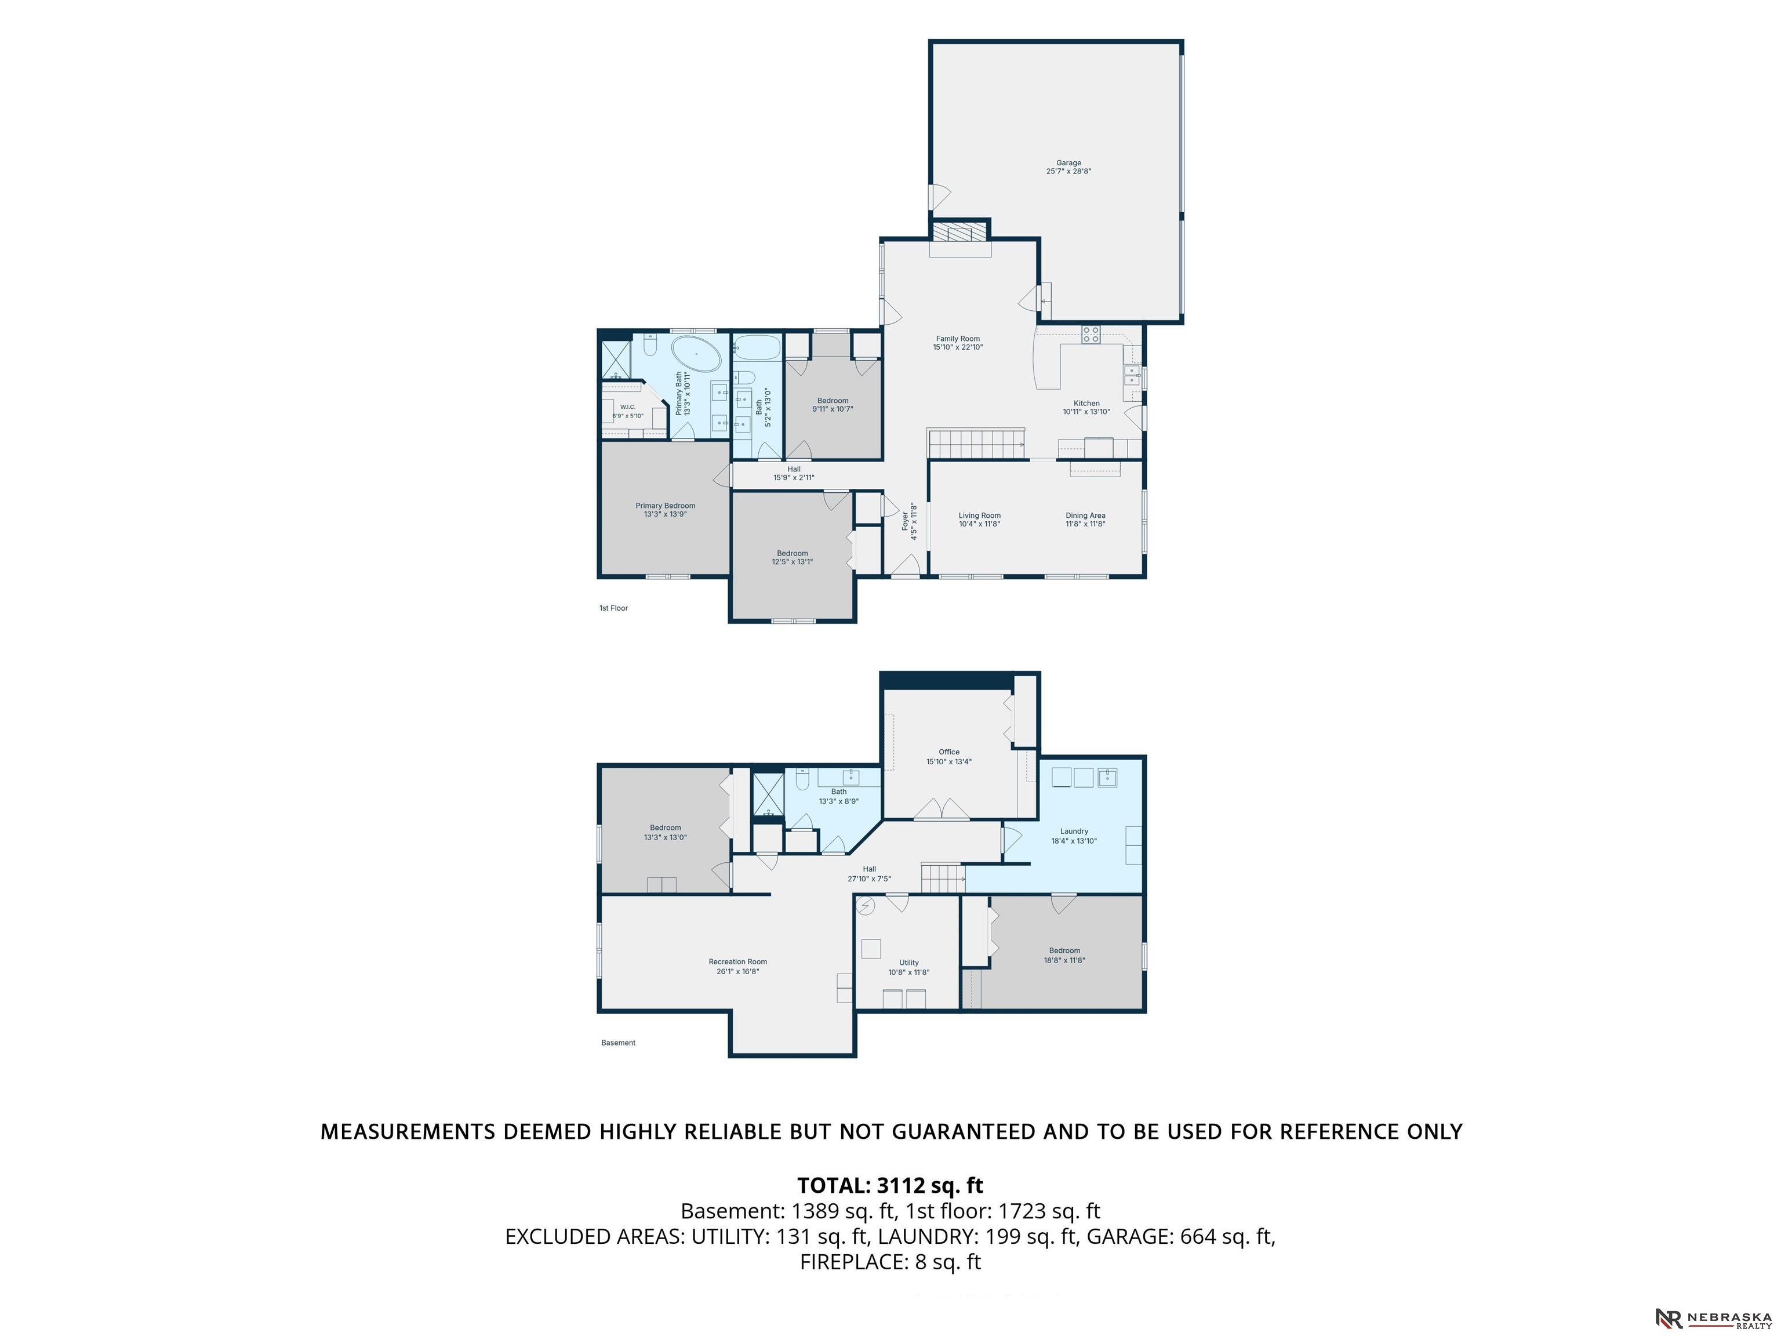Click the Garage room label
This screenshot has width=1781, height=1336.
1068,166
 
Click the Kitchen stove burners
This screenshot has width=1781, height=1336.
1091,334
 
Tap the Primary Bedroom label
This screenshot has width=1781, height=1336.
665,510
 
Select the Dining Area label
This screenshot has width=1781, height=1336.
1085,520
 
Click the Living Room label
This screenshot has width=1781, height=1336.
979,520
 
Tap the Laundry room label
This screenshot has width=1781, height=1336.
1074,836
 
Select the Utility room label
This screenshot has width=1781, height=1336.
909,967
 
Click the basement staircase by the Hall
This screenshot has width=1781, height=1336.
942,878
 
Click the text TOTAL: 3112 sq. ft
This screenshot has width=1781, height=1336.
890,1185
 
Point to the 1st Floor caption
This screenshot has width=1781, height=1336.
613,608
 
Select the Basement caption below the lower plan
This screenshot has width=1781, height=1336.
619,1043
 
